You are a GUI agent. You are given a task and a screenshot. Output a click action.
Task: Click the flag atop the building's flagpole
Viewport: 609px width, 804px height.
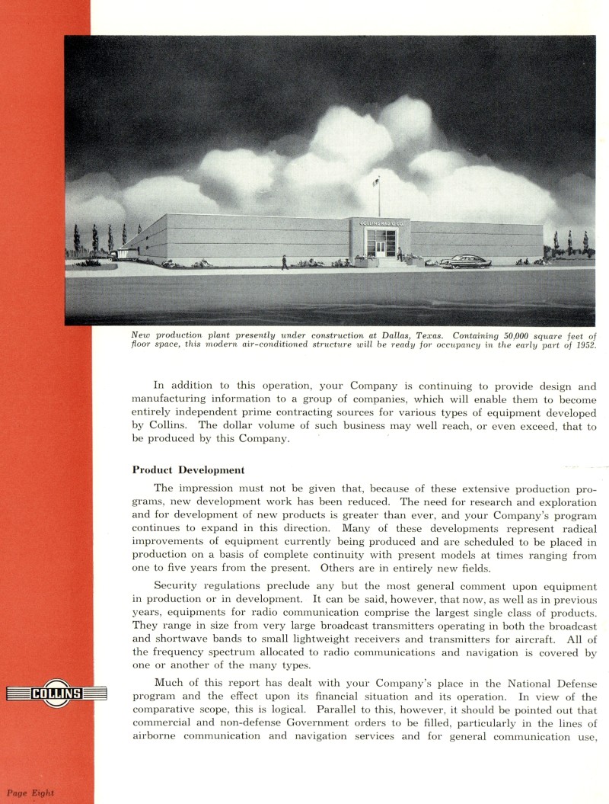375,181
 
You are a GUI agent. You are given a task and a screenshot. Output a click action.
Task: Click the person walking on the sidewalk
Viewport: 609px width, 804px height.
285,262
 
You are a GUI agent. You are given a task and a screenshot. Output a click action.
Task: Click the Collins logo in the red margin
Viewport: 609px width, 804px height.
56,693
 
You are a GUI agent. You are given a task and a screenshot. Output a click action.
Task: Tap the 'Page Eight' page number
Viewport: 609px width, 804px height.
31,793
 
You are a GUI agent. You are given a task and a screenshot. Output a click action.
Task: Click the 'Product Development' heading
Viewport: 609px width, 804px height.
188,469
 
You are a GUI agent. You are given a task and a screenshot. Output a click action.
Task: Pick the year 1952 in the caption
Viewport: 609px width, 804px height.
581,344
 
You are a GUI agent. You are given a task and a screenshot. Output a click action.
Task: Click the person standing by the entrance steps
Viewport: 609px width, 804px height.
400,255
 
